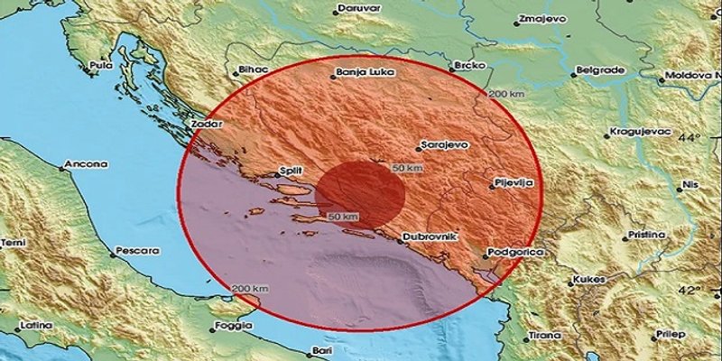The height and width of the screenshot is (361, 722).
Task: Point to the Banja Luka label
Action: point(358,69)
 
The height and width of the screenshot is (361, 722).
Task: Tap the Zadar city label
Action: point(207,124)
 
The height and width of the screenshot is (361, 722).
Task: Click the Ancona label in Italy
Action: point(86,165)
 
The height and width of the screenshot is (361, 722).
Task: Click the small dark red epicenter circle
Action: point(359,193)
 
